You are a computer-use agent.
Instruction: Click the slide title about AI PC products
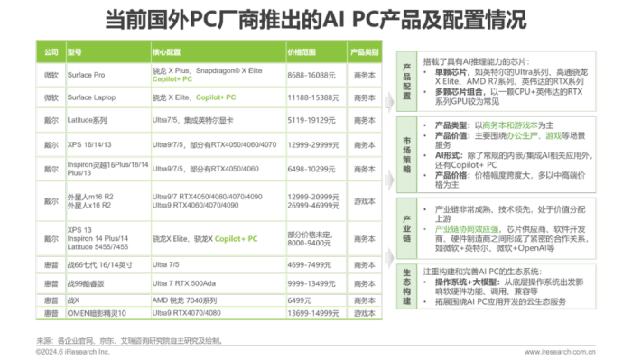click(x=316, y=19)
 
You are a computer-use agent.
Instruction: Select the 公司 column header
click(x=51, y=52)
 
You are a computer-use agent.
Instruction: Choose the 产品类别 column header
click(x=364, y=52)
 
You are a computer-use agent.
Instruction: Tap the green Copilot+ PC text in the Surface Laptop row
click(x=218, y=96)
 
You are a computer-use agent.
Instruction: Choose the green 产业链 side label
click(x=406, y=221)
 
